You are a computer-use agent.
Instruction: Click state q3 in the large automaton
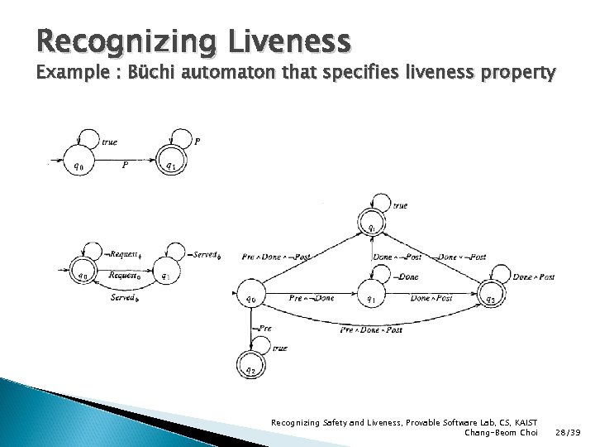click(491, 299)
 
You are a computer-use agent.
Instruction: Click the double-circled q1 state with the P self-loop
click(170, 166)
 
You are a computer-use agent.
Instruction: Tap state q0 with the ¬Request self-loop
click(81, 276)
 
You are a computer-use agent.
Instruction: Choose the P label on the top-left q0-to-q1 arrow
click(125, 163)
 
